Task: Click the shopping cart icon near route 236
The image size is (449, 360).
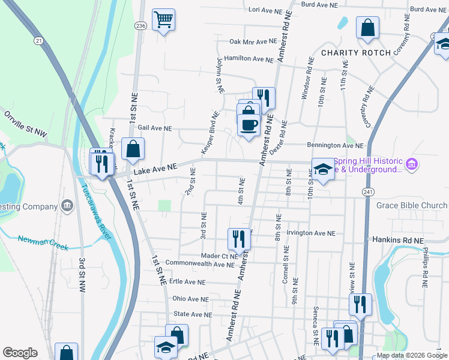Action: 163,20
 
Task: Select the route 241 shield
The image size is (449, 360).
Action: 368,191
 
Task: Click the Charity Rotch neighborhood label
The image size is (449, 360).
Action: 355,53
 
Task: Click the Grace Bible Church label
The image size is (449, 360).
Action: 412,206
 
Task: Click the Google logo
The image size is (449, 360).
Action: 20,353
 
